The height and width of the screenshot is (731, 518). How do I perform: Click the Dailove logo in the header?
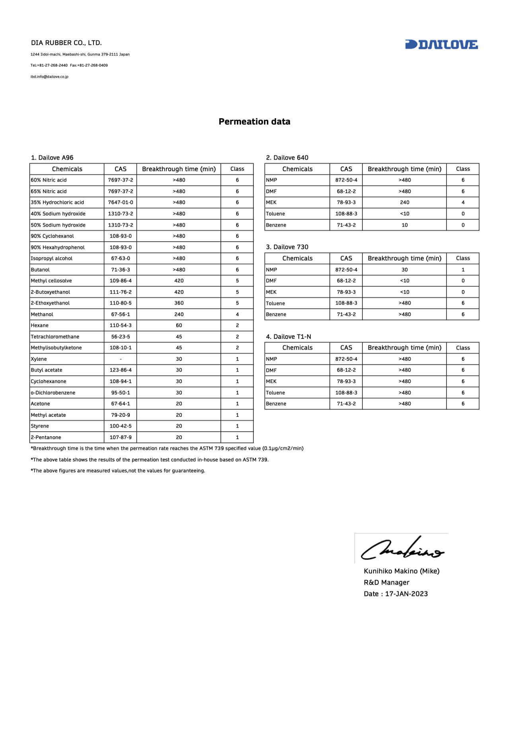pos(441,45)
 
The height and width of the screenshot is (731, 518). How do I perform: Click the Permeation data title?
pos(254,122)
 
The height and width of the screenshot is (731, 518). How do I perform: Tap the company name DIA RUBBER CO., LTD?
pos(66,43)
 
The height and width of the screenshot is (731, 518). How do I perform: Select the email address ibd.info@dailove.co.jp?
pos(49,77)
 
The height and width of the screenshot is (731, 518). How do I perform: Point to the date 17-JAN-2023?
pos(406,594)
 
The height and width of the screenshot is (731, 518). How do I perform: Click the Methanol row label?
pos(42,315)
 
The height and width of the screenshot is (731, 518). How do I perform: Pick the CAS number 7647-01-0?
pos(121,202)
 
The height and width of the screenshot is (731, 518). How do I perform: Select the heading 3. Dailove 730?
pos(287,247)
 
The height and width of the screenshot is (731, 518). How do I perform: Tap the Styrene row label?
pos(40,426)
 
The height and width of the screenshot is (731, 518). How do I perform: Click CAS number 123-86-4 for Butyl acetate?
pos(121,370)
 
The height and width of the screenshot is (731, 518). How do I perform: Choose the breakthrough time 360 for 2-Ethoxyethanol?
pos(179,303)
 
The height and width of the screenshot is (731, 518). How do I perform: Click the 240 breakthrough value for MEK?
pos(405,202)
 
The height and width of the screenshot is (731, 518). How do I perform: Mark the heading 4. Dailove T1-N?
pos(288,337)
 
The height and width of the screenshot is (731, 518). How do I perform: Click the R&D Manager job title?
pos(386,582)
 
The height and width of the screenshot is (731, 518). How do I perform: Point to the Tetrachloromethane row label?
pos(55,337)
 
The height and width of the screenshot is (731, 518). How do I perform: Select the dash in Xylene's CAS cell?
pos(121,359)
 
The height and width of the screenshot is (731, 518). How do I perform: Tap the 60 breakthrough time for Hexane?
pos(179,325)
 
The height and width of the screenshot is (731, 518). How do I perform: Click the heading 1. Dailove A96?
pos(52,158)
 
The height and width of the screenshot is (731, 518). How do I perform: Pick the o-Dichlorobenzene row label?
pos(53,393)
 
